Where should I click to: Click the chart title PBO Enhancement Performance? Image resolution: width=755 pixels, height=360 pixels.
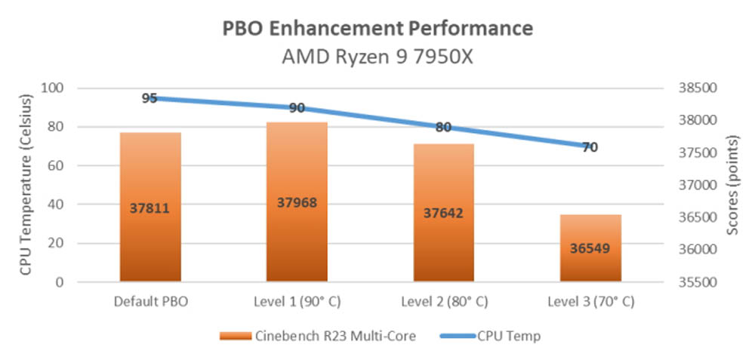pos(377,29)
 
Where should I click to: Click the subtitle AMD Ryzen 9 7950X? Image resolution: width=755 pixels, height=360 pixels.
pos(377,57)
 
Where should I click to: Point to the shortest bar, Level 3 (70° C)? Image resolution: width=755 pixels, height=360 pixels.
pos(590,248)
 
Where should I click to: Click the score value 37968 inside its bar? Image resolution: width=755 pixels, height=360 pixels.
pos(297,202)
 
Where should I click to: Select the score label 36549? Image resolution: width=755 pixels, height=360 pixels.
pos(590,248)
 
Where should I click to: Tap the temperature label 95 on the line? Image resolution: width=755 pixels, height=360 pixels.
pos(149,98)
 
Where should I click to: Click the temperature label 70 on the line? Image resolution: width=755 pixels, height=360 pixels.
pos(590,147)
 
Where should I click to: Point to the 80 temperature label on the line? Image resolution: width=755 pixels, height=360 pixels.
pos(443,127)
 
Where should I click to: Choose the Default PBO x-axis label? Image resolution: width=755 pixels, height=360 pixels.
pos(150,301)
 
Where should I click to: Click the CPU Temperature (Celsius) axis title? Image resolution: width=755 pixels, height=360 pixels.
pos(26,185)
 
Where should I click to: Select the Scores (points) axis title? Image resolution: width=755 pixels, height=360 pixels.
pos(731,185)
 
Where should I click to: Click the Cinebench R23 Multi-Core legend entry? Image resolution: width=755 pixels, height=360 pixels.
pos(317,336)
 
